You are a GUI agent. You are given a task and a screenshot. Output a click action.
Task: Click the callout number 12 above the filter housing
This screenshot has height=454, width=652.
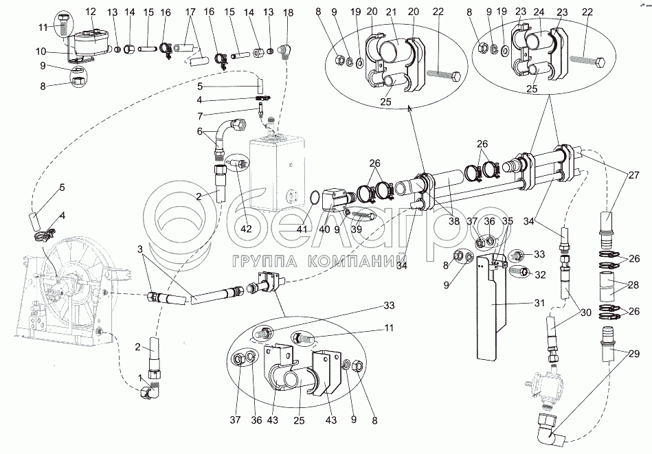[91, 12]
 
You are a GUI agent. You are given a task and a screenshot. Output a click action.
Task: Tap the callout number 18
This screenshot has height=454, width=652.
[288, 12]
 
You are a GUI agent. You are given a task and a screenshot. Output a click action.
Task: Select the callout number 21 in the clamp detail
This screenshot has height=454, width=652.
[392, 12]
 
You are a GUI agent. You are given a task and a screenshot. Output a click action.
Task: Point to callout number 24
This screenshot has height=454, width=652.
[539, 12]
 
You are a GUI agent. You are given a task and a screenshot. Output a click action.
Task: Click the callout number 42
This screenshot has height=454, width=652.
[247, 229]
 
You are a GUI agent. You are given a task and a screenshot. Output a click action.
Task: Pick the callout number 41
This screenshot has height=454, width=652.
[302, 229]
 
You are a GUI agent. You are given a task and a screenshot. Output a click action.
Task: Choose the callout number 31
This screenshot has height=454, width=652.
[539, 303]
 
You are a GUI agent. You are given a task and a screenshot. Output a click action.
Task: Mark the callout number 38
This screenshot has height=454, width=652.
[454, 220]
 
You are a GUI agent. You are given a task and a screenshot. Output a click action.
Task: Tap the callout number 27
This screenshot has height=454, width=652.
[634, 175]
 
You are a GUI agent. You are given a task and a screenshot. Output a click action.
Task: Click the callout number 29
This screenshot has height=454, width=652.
[634, 354]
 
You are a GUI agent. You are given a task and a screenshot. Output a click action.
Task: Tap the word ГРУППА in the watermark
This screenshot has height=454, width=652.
[260, 261]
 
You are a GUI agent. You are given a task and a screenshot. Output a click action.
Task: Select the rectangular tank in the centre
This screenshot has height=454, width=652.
[278, 172]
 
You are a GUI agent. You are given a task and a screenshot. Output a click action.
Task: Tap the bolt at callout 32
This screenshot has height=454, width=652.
[520, 271]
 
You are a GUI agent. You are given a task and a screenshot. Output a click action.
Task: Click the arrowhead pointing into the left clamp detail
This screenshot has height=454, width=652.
[409, 108]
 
